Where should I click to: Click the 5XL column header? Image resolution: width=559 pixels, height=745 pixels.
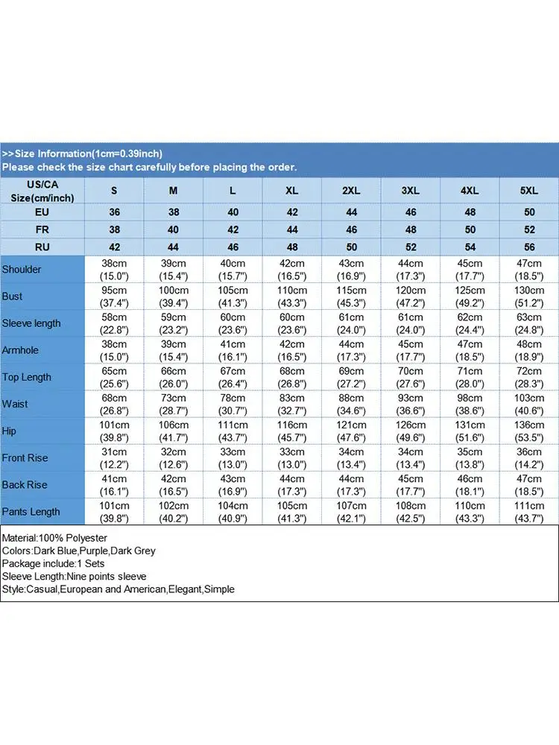click(528, 191)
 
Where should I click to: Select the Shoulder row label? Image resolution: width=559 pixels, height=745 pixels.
click(22, 269)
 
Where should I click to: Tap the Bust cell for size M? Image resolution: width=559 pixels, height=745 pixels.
click(173, 296)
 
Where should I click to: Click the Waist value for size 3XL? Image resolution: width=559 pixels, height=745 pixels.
click(410, 404)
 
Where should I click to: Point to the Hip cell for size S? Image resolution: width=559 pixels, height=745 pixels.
click(114, 431)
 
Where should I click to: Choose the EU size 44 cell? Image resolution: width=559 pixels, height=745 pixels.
click(351, 212)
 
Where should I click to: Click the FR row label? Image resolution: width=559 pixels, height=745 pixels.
click(42, 229)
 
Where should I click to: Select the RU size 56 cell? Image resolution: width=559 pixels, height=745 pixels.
click(528, 247)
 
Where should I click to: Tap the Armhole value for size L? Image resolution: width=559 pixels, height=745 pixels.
click(233, 350)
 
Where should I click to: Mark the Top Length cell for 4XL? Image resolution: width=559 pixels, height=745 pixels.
click(470, 377)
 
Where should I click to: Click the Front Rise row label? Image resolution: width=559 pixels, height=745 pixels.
click(25, 457)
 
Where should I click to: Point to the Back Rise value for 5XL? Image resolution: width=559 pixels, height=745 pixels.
click(528, 485)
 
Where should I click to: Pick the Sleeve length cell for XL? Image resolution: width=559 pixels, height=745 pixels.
click(291, 323)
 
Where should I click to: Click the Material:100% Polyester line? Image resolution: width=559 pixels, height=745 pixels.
click(55, 538)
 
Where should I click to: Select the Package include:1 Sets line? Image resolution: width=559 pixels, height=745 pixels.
click(53, 563)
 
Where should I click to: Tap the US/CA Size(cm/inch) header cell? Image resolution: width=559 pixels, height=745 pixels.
click(42, 191)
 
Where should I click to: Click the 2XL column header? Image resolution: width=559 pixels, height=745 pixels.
click(351, 191)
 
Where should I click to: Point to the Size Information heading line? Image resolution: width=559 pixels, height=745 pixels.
click(82, 153)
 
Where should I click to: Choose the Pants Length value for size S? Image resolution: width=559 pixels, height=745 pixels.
click(114, 512)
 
